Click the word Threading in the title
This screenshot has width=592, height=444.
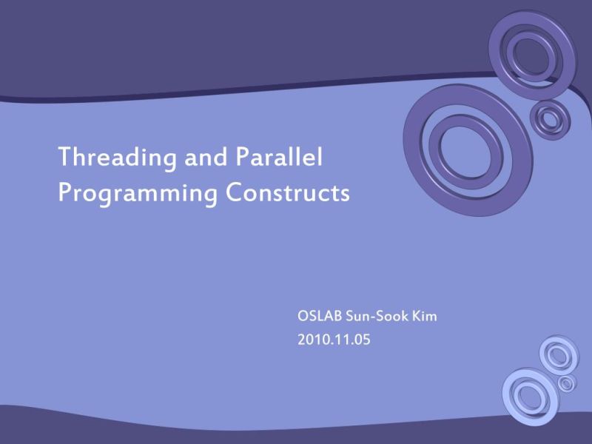tap(111, 158)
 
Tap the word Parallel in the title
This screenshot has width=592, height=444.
tap(281, 157)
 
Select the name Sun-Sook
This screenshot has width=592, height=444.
tap(377, 317)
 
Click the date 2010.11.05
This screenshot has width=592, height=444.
tap(333, 341)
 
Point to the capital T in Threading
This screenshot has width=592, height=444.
tap(64, 157)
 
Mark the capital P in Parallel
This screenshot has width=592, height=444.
tap(242, 157)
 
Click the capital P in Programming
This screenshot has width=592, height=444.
tap(64, 193)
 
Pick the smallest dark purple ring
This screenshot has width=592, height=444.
tap(550, 118)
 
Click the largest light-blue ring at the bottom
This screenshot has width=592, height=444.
tap(530, 396)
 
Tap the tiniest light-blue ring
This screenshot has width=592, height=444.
tap(566, 383)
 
